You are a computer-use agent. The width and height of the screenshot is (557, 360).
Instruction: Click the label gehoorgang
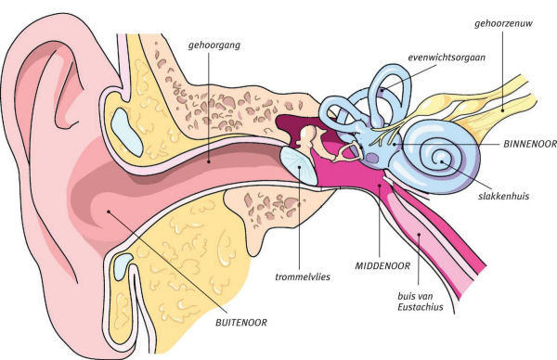(x=214, y=45)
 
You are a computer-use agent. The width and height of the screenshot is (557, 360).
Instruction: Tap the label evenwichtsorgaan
(x=447, y=58)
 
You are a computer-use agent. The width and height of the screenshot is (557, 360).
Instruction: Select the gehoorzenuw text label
(x=504, y=24)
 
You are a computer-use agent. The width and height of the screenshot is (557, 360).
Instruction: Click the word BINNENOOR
(x=530, y=144)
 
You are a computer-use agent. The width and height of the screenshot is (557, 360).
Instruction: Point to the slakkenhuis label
(x=504, y=196)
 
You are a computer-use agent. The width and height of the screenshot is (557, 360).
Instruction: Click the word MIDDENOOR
(x=382, y=266)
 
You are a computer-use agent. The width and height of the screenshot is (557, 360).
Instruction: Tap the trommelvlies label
(x=303, y=276)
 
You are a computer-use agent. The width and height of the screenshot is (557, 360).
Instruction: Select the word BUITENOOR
(x=241, y=323)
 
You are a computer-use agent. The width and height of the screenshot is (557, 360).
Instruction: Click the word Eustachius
(x=421, y=307)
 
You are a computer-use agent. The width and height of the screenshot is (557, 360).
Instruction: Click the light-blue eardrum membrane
(x=298, y=166)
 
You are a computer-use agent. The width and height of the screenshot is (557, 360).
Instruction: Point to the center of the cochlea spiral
(x=442, y=161)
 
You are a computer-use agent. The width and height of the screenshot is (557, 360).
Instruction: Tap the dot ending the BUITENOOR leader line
(x=109, y=212)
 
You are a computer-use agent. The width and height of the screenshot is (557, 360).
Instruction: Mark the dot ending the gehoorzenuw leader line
(x=503, y=110)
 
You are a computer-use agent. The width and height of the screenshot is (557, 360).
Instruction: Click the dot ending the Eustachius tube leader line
(x=419, y=235)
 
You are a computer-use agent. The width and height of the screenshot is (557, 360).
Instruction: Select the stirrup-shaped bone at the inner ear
(x=348, y=152)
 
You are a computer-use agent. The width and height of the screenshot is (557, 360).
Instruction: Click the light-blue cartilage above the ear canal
(x=127, y=132)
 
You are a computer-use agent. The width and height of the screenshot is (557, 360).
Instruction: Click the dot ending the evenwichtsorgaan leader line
(x=382, y=90)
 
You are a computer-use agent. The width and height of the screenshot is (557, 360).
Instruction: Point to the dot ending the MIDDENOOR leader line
(x=380, y=185)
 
